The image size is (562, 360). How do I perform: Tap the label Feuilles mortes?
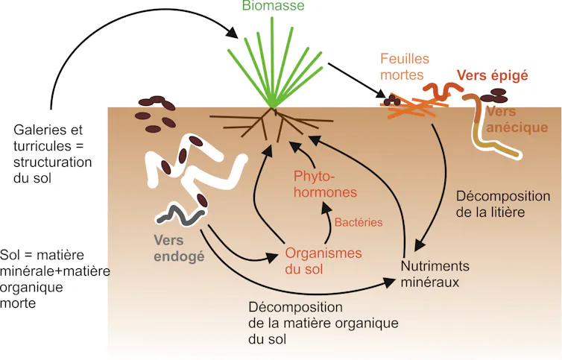[x=404, y=66]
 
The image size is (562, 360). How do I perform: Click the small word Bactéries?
[x=358, y=221]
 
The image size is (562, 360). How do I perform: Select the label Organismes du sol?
[x=323, y=260]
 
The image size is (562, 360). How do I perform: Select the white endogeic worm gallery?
[x=195, y=173]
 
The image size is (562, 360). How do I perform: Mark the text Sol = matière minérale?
[x=52, y=271]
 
